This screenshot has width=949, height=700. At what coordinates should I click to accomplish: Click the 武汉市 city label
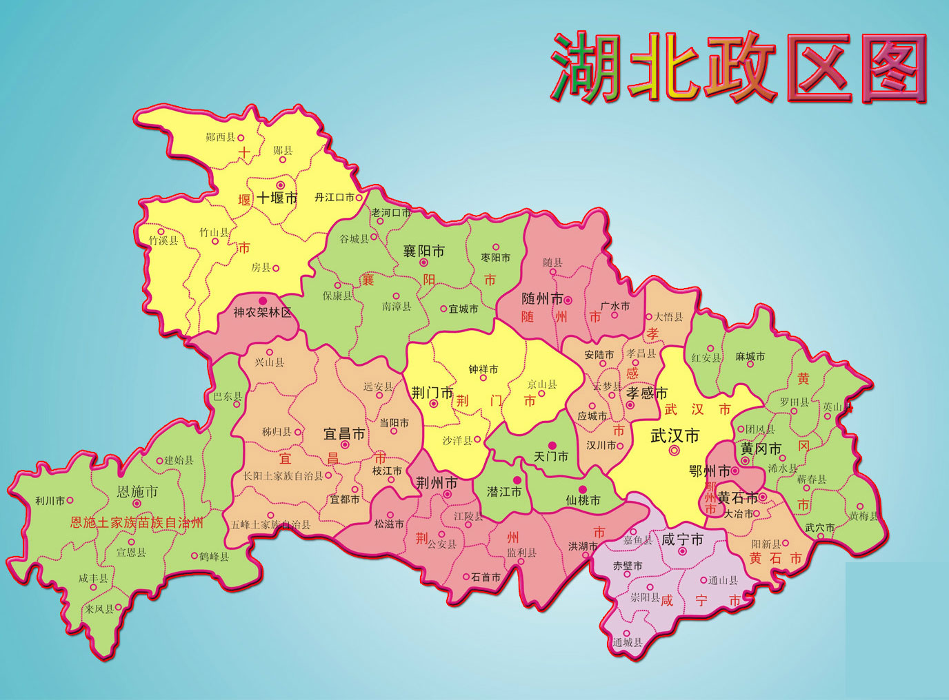point(675,435)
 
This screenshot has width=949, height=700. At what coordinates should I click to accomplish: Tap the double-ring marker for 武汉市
point(675,451)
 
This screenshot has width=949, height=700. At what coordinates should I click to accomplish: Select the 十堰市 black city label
point(277,198)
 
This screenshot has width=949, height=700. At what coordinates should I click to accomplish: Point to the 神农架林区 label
point(262,312)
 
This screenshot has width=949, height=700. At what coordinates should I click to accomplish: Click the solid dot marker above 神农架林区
point(262,301)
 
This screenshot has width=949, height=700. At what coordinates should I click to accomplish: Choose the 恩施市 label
point(137,491)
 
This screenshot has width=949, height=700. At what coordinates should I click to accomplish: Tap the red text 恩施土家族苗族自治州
point(137,522)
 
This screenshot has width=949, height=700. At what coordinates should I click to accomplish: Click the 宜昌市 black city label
point(344,434)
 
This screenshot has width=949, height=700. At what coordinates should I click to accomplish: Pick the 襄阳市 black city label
point(423,251)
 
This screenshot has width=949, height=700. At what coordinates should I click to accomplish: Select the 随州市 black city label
point(542,299)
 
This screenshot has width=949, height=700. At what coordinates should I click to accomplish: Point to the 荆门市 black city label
point(432,393)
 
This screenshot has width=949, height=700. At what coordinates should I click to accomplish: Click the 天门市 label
point(551,457)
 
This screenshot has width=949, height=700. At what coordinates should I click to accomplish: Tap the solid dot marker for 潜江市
point(517,480)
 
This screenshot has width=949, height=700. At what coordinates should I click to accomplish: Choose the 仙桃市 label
point(583,500)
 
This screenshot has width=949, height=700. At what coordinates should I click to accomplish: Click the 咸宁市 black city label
point(682,539)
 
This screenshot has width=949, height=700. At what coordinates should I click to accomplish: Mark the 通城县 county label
point(627,643)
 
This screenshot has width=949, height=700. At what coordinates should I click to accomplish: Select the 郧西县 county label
point(221,137)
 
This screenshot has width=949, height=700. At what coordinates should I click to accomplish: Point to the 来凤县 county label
point(99,609)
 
